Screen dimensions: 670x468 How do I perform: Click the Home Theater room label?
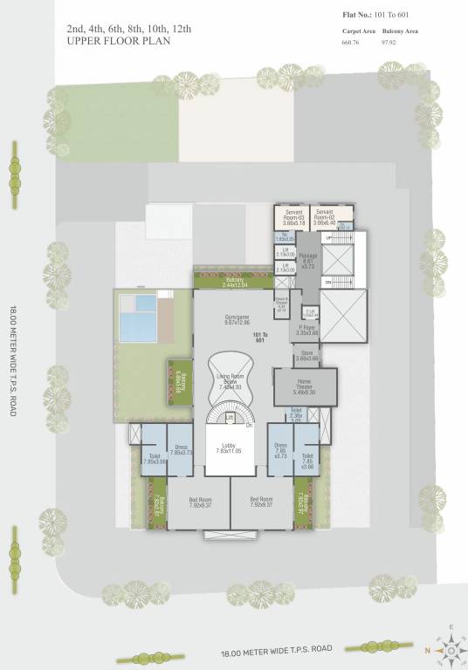[304, 386]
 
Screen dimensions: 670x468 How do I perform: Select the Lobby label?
[230, 448]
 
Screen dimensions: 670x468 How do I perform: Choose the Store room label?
[306, 355]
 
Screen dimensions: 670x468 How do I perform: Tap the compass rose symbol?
[451, 649]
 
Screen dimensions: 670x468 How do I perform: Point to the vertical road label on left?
[12, 360]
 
